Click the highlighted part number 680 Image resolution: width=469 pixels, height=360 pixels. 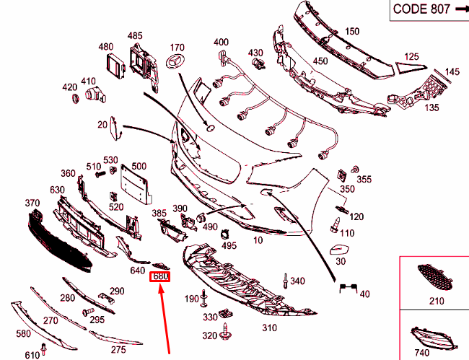tap(160, 276)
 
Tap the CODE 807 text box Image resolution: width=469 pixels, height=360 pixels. tap(429, 10)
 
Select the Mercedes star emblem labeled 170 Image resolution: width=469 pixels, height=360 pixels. tap(176, 61)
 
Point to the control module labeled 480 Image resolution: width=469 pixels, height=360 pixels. tap(116, 67)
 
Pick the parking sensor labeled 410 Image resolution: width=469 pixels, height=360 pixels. tap(95, 95)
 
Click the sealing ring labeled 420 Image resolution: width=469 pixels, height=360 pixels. tap(76, 98)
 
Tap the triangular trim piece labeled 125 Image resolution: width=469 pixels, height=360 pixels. tap(411, 68)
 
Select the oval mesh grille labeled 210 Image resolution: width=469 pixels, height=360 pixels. tap(435, 277)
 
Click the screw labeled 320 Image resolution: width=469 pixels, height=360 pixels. tap(225, 331)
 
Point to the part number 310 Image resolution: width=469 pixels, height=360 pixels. tap(270, 328)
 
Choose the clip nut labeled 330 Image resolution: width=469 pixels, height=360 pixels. tap(226, 313)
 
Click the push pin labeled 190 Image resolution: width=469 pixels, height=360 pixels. tap(204, 298)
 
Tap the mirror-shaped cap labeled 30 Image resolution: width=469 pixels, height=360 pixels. tap(341, 250)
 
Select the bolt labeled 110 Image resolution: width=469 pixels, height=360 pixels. tap(336, 225)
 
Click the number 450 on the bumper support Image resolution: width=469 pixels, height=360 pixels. tap(320, 61)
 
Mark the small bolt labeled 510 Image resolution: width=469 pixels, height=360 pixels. tap(101, 174)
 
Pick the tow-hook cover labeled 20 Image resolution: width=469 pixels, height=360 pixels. tap(115, 128)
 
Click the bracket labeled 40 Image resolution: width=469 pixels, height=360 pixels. tap(349, 288)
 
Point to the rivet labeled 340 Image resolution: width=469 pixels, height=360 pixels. tap(285, 281)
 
